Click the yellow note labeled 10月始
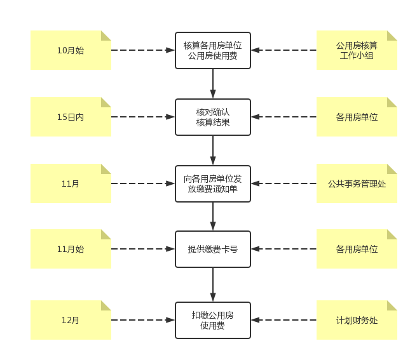coord(71,50)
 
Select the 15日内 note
coord(71,117)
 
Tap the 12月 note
coord(71,320)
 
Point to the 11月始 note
coord(71,249)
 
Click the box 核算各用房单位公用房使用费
coord(213,51)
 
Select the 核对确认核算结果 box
coord(213,117)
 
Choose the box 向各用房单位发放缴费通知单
coord(213,184)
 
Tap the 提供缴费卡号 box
coord(213,250)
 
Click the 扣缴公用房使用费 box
coord(213,321)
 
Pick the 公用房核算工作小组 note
coord(357,50)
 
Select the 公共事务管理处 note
coord(357,183)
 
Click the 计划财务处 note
coord(357,320)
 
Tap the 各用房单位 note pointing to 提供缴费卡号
coord(357,249)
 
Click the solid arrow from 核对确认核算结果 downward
coord(213,150)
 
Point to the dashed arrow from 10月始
coord(143,50)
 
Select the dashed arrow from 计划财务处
coord(284,320)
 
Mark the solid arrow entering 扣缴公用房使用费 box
coord(213,285)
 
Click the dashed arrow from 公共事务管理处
coord(284,183)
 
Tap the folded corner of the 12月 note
coord(106,305)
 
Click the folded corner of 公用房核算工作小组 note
coord(392,36)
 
